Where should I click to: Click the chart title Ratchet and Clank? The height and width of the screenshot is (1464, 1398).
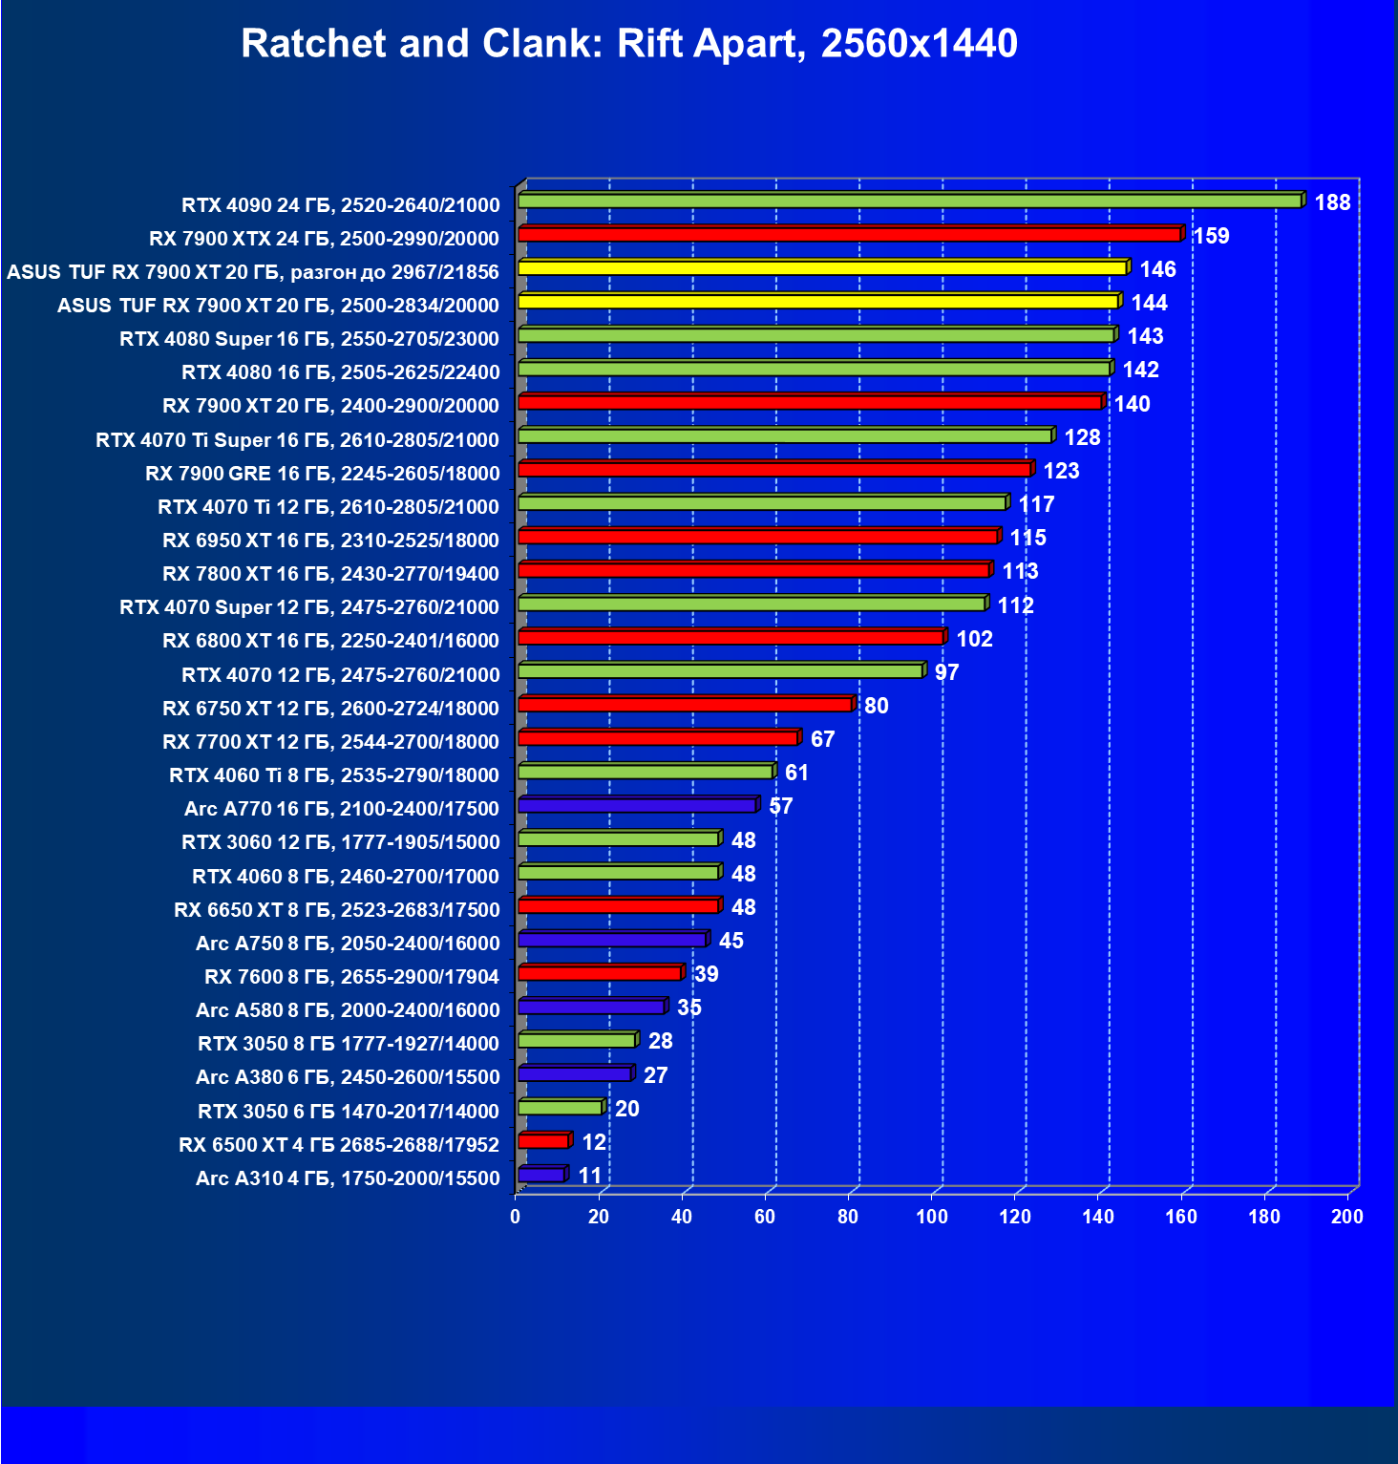point(629,44)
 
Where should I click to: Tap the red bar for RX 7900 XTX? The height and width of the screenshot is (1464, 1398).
point(849,235)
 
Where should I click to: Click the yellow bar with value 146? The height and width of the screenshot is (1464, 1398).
point(822,268)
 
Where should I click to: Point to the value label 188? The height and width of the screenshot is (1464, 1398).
point(1332,202)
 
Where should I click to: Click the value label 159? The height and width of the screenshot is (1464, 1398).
point(1212,236)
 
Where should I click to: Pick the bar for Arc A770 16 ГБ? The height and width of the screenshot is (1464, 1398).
point(637,806)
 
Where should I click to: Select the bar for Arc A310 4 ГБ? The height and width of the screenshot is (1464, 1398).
point(541,1176)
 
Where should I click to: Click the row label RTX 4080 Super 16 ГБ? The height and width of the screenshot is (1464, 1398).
point(309,339)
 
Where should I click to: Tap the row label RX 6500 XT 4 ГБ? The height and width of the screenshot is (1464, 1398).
point(339,1145)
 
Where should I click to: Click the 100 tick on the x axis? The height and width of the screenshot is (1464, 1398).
point(931,1217)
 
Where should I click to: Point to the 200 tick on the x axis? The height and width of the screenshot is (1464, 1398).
point(1347,1217)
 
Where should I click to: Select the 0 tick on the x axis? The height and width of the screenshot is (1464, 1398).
point(516,1217)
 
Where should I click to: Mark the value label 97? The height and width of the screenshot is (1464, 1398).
point(946,672)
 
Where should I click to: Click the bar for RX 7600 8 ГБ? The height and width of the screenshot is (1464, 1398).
point(600,974)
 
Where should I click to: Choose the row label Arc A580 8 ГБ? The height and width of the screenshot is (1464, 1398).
point(348,1010)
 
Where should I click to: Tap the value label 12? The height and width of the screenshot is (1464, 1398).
point(594,1142)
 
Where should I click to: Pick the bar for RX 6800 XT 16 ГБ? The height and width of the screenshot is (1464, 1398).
point(731,638)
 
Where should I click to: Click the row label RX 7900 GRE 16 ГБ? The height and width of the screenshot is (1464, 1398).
point(323,474)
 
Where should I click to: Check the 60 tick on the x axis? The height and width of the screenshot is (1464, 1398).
point(765,1217)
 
